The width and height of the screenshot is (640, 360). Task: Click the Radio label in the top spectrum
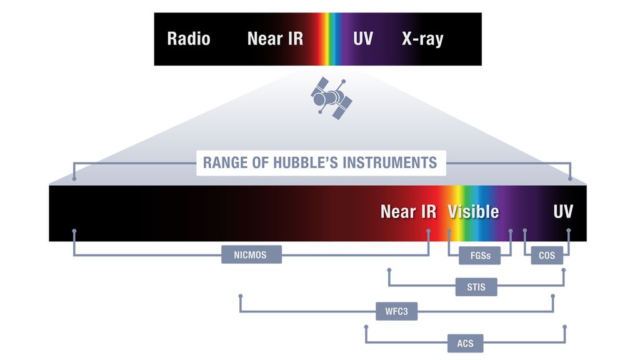point(188,39)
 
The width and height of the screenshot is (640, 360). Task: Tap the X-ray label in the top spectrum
point(422,39)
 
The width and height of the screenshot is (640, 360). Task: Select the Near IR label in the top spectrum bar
point(275,39)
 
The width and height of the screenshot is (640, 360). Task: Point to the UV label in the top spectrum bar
point(362,39)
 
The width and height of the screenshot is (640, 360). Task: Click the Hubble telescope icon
point(331,98)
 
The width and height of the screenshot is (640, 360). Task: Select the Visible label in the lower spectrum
point(473,211)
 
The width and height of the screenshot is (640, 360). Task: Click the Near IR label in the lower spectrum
point(408,211)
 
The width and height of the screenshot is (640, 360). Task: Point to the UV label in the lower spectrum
point(562,211)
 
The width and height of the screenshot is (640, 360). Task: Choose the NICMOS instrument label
point(251,255)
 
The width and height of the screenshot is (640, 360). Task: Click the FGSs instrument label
point(479,256)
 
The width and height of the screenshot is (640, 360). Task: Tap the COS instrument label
point(547,256)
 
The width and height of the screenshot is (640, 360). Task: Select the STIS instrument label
point(476,287)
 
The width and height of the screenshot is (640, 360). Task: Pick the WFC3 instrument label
point(396,311)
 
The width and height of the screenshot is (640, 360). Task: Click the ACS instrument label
point(465,342)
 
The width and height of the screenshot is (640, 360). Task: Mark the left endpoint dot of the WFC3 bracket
point(240,295)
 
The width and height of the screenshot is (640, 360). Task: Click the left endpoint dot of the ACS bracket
point(366,326)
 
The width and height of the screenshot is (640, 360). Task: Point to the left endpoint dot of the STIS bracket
point(389,271)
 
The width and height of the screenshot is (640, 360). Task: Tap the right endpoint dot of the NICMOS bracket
point(429,231)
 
